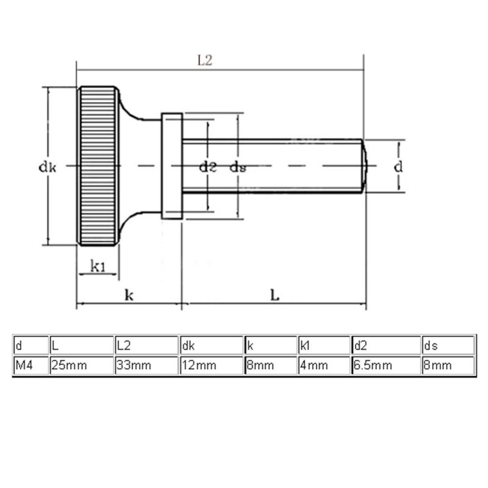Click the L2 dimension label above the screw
tap(205, 60)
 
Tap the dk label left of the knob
tap(47, 167)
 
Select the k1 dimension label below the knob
tap(98, 267)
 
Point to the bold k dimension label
tap(129, 295)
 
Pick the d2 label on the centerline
tap(207, 167)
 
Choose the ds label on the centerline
tap(238, 167)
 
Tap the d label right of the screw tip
tap(398, 167)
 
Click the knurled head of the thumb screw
tap(98, 166)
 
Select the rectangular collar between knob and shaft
tap(172, 166)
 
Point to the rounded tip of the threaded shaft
tap(364, 166)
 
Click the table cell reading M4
tap(30, 365)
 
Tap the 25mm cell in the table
tap(82, 365)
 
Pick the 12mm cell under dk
tap(211, 365)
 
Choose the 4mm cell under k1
tap(324, 365)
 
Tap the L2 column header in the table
tap(146, 345)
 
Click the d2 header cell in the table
tap(386, 345)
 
